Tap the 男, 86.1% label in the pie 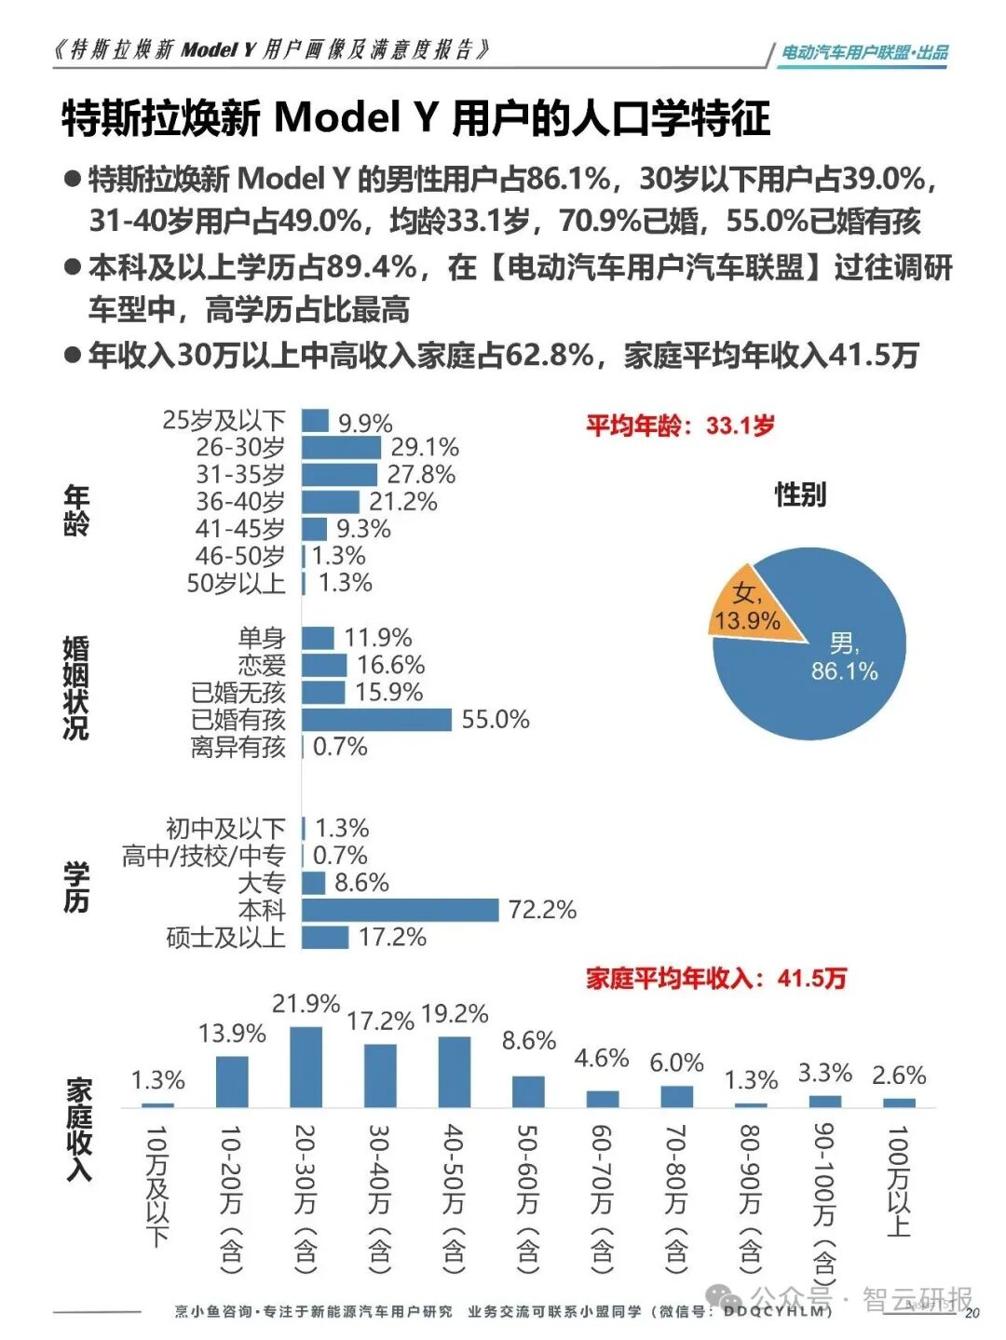pyautogui.click(x=844, y=657)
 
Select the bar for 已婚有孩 pyautogui.click(x=376, y=719)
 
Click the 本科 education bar pyautogui.click(x=401, y=910)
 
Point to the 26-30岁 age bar pyautogui.click(x=341, y=448)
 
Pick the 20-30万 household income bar pyautogui.click(x=306, y=1066)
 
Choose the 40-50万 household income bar pyautogui.click(x=455, y=1071)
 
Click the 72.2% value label pyautogui.click(x=542, y=910)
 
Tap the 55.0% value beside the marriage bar pyautogui.click(x=495, y=719)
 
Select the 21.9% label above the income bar pyautogui.click(x=306, y=1004)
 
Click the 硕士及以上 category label pyautogui.click(x=225, y=937)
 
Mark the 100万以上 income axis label pyautogui.click(x=897, y=1181)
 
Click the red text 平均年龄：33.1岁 pyautogui.click(x=680, y=426)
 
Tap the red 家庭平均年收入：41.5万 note pyautogui.click(x=716, y=978)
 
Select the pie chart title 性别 pyautogui.click(x=800, y=494)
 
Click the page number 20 pyautogui.click(x=972, y=1313)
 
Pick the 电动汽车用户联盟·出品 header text pyautogui.click(x=864, y=53)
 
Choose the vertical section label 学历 pyautogui.click(x=76, y=887)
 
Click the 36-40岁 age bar pyautogui.click(x=330, y=502)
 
